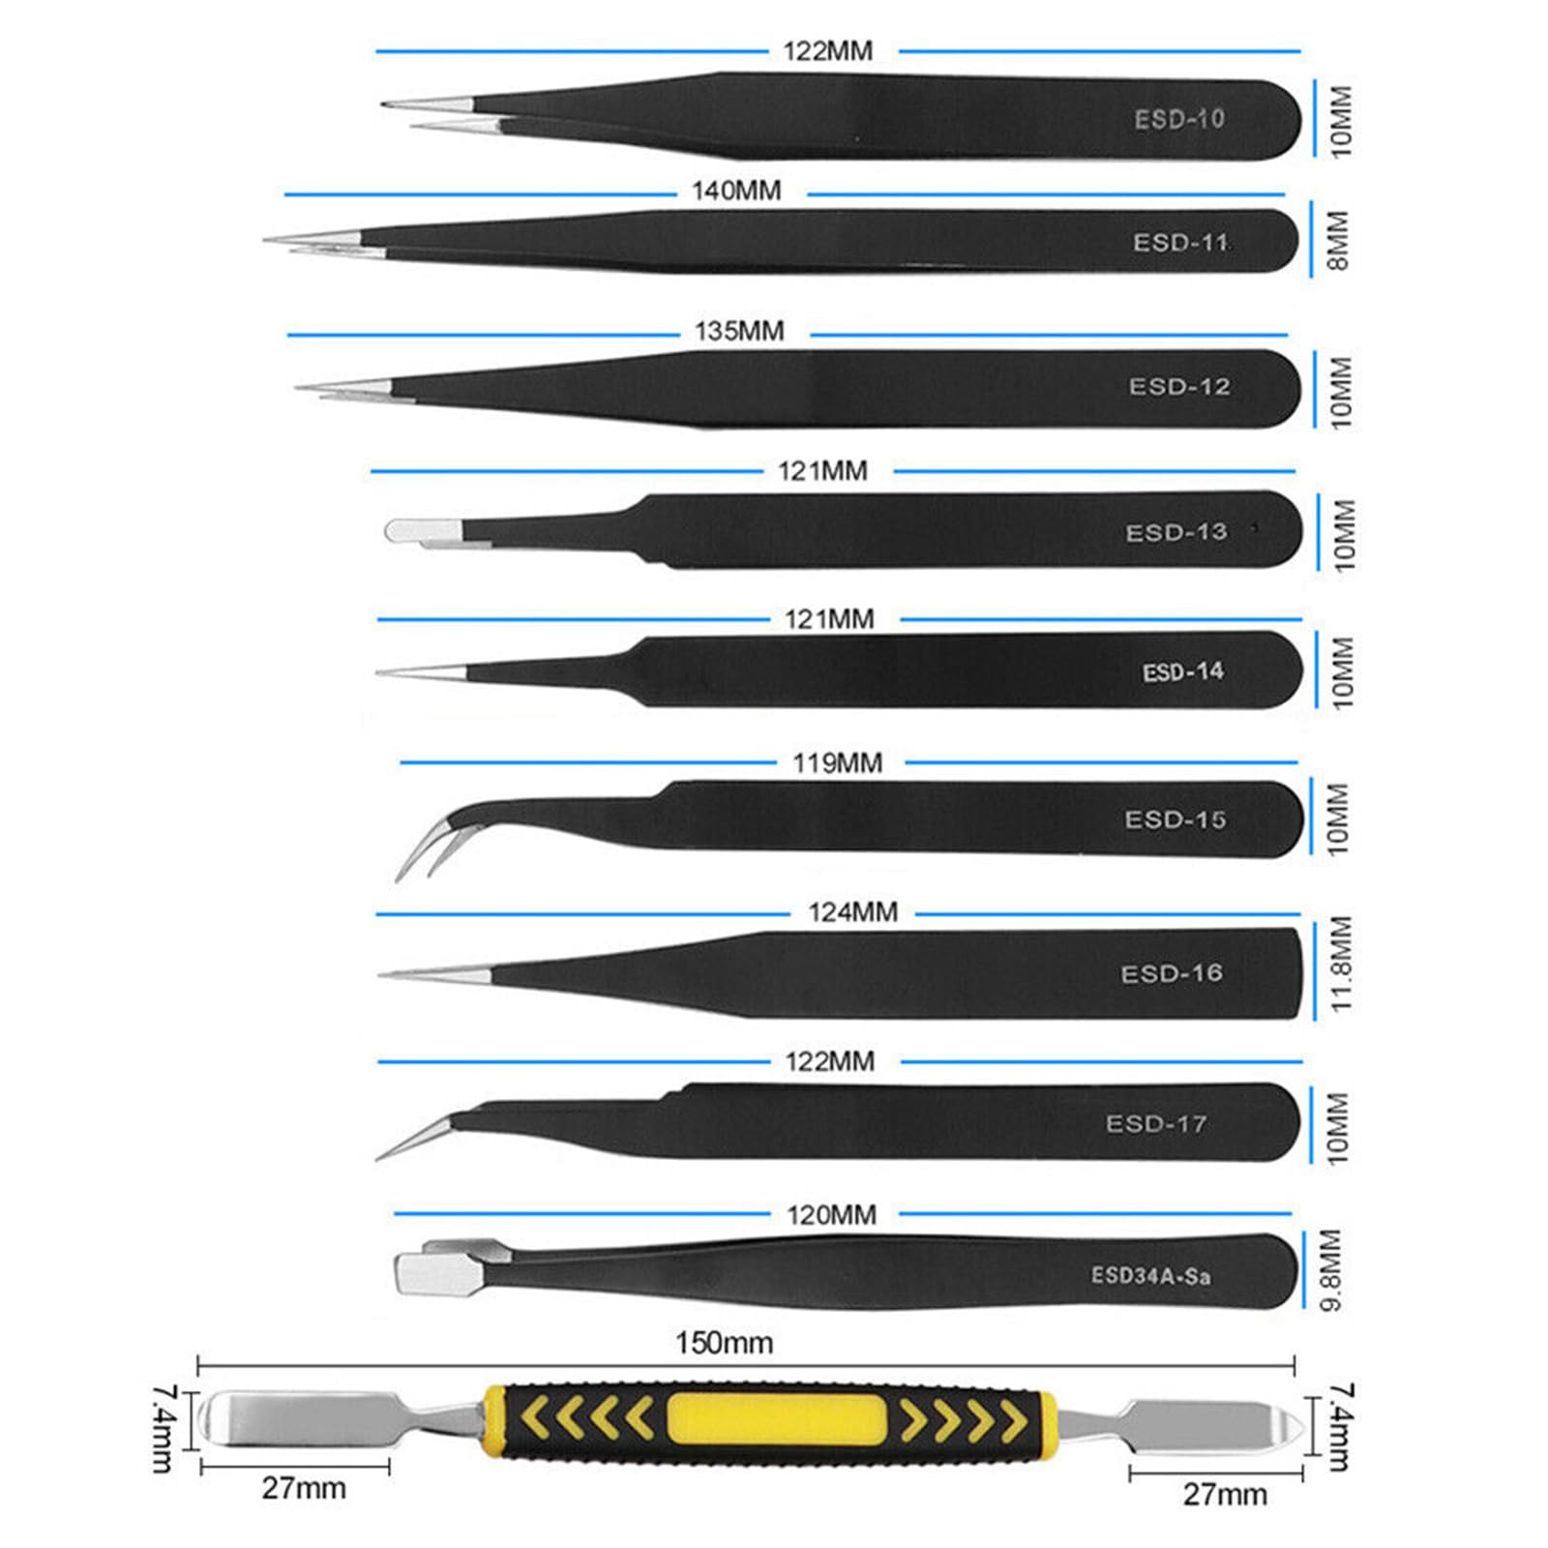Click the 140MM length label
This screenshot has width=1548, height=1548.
click(736, 191)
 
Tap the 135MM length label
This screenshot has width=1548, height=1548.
click(739, 332)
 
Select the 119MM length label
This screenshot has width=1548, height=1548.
click(838, 763)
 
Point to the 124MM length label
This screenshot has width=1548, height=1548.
click(853, 912)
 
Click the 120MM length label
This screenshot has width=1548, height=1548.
click(832, 1214)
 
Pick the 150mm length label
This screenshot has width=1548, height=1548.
click(725, 1343)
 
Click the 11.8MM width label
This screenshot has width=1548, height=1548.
click(1340, 966)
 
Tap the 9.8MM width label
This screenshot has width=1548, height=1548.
click(1331, 1270)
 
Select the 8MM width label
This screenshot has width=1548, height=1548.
click(1336, 241)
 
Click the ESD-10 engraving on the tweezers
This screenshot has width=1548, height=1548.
click(1179, 119)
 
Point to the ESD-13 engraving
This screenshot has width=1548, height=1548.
click(1176, 532)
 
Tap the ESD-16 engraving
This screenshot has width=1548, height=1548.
click(1172, 973)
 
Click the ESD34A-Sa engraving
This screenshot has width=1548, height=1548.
click(1151, 1275)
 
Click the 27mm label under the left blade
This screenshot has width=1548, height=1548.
click(304, 1488)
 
